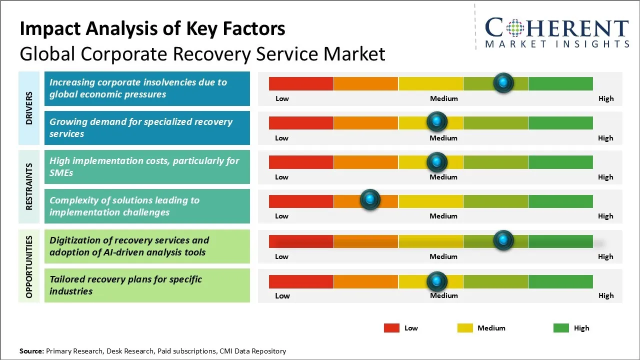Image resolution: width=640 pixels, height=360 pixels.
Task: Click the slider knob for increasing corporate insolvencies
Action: click(503, 82)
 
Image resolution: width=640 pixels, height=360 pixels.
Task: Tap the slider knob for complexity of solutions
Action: click(370, 200)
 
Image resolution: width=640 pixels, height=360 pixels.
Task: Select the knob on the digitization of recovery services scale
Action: click(503, 240)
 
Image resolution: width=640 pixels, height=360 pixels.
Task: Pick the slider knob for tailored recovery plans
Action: click(437, 281)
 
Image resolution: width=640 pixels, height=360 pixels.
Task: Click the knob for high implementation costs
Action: click(437, 162)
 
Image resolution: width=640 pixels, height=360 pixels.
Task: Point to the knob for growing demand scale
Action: click(437, 121)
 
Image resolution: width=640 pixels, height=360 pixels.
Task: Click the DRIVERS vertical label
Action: click(29, 108)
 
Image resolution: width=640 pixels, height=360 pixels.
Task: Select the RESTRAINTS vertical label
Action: click(29, 186)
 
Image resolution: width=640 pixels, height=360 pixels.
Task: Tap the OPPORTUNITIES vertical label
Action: click(29, 266)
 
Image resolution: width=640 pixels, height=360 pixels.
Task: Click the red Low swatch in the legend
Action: click(391, 328)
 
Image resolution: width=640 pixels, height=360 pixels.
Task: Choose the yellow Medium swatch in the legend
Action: click(465, 328)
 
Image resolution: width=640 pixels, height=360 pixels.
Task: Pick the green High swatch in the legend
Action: click(561, 328)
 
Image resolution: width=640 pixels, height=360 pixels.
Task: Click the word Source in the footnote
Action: click(31, 351)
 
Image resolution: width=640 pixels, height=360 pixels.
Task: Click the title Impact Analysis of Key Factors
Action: click(152, 28)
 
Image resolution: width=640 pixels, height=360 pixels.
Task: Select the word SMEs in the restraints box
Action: click(61, 173)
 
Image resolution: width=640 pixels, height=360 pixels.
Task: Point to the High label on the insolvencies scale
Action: click(605, 98)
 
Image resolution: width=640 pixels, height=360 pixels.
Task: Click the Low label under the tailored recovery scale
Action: click(282, 295)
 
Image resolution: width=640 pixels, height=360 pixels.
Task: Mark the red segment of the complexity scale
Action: click(301, 201)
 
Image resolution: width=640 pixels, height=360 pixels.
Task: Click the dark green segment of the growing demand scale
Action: click(560, 122)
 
